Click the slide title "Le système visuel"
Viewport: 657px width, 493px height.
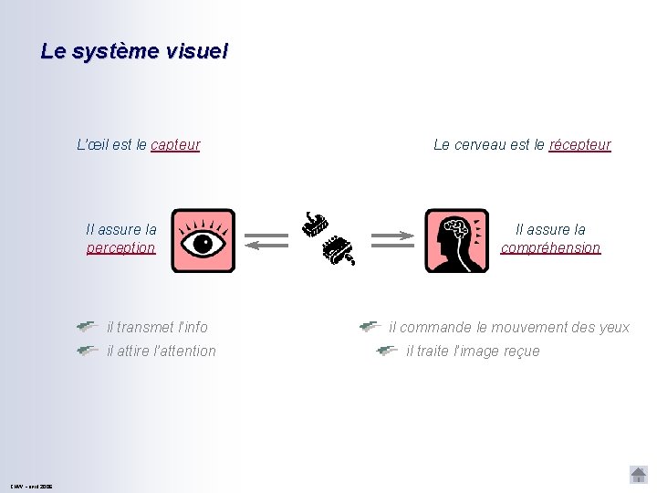click(134, 51)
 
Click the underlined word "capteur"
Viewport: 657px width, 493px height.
click(175, 144)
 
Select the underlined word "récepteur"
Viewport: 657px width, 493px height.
click(579, 144)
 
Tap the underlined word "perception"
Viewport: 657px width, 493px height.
click(120, 247)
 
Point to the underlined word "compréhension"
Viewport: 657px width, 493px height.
click(550, 247)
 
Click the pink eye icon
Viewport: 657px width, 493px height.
click(203, 241)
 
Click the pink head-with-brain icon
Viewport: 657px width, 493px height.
click(456, 241)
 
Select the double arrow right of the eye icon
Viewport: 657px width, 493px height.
click(266, 239)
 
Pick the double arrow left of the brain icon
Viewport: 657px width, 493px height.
click(392, 239)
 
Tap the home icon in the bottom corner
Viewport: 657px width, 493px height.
click(638, 474)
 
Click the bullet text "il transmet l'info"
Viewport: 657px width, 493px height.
click(157, 327)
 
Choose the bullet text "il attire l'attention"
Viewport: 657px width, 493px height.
click(162, 351)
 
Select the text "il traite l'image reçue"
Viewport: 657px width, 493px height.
click(473, 351)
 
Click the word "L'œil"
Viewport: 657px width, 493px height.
click(92, 144)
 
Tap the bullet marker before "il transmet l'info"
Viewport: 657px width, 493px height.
click(88, 326)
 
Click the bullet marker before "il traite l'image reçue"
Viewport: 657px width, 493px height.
click(387, 350)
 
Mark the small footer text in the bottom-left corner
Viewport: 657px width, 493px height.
click(32, 486)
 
